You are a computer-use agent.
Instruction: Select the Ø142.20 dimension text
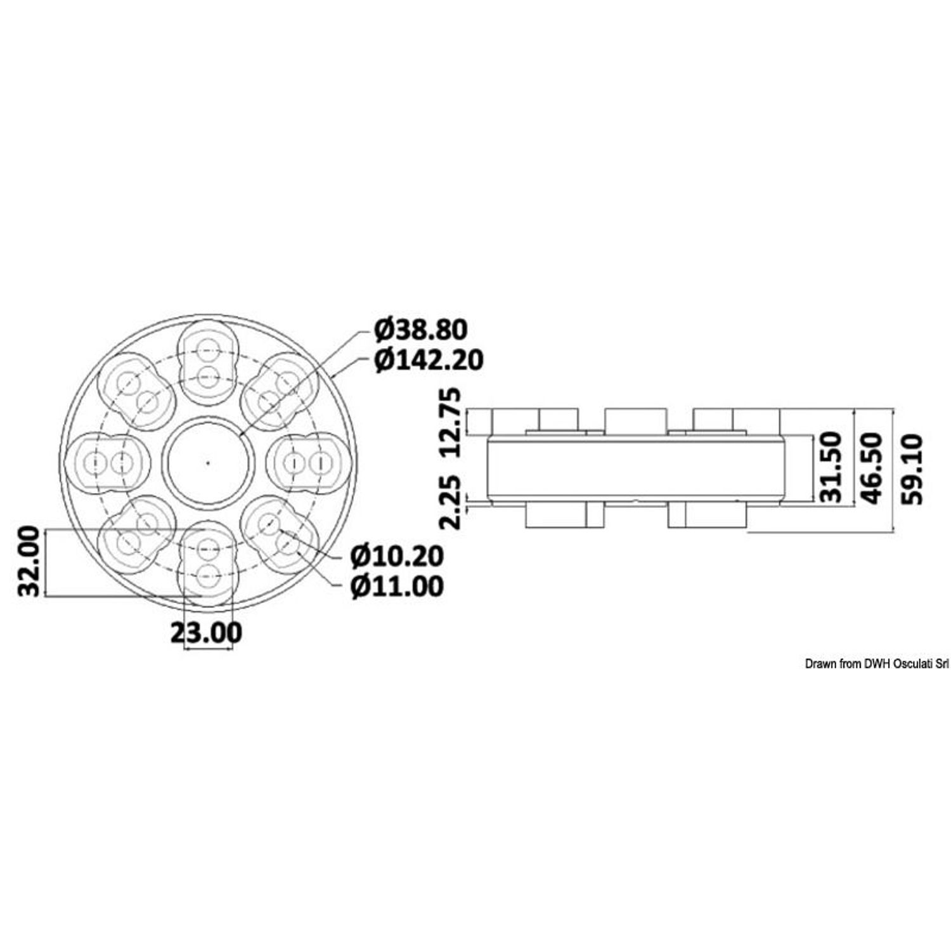click(429, 360)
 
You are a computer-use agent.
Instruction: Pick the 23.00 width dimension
click(206, 632)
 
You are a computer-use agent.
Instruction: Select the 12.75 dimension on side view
click(454, 424)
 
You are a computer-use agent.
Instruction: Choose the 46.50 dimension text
click(870, 468)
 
